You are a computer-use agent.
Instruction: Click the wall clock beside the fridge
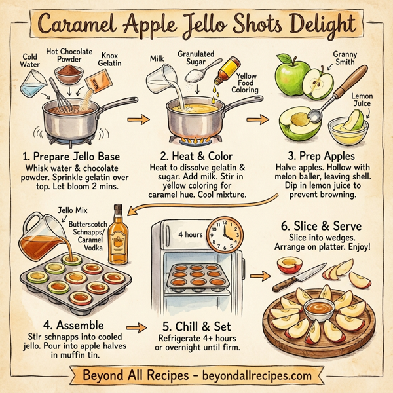tap(224, 232)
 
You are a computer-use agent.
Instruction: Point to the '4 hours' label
tap(190, 233)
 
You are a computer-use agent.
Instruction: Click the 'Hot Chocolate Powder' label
tap(69, 56)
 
